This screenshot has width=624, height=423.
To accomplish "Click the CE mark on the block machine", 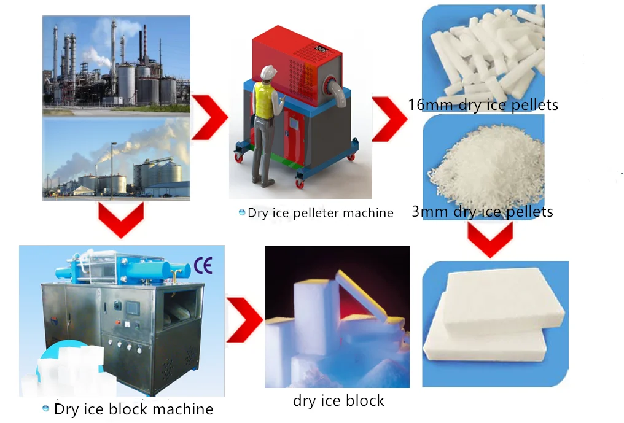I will [203, 265].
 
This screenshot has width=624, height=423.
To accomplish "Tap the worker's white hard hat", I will [266, 72].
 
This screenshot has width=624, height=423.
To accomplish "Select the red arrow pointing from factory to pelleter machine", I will [210, 117].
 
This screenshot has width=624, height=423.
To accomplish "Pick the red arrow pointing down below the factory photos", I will [120, 219].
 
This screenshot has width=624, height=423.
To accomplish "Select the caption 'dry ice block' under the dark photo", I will [338, 401].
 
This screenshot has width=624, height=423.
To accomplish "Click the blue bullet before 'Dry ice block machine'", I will [45, 408].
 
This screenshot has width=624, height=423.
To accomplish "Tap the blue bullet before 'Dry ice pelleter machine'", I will [242, 212].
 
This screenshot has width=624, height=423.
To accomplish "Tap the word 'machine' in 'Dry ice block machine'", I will [184, 409].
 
